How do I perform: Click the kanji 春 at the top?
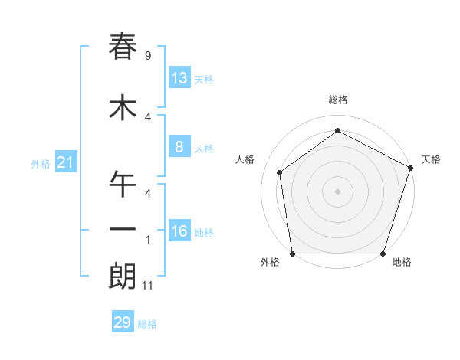click(123, 47)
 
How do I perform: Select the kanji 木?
click(123, 107)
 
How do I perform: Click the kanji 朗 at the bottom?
click(123, 277)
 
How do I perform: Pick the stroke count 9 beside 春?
click(147, 56)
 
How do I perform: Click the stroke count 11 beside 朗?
click(149, 286)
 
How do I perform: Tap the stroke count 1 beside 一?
click(147, 240)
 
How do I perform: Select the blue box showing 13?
click(179, 78)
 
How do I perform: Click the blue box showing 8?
click(179, 147)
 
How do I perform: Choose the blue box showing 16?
click(179, 231)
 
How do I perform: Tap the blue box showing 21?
click(65, 162)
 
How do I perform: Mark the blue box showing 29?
click(122, 322)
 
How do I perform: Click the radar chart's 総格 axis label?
click(337, 100)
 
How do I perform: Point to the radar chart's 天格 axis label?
click(431, 159)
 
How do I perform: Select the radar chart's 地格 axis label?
click(402, 262)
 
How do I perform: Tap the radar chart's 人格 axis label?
click(245, 159)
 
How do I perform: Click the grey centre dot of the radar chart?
click(337, 191)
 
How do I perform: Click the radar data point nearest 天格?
click(410, 168)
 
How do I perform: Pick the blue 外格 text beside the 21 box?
click(41, 163)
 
